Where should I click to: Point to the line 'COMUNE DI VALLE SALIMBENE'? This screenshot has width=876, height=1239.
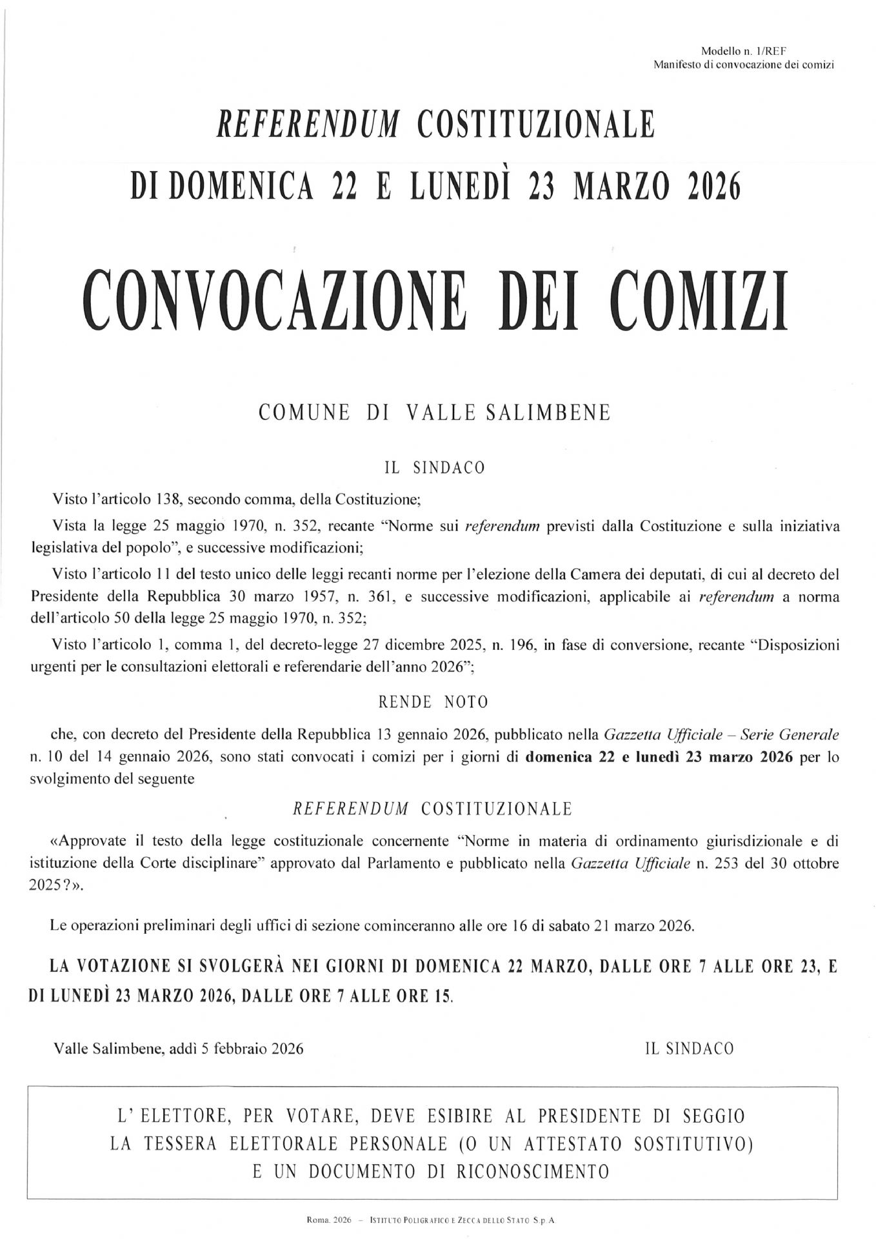click(434, 413)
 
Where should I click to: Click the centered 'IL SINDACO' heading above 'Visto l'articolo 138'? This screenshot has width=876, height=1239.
click(434, 467)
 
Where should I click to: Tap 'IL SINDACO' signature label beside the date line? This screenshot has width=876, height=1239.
click(689, 1049)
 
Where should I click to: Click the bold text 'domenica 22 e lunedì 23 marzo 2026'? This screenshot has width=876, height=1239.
click(659, 758)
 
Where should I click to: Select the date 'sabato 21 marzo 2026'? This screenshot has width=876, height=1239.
click(619, 927)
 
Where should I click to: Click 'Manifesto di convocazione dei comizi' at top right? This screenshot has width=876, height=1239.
click(744, 65)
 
